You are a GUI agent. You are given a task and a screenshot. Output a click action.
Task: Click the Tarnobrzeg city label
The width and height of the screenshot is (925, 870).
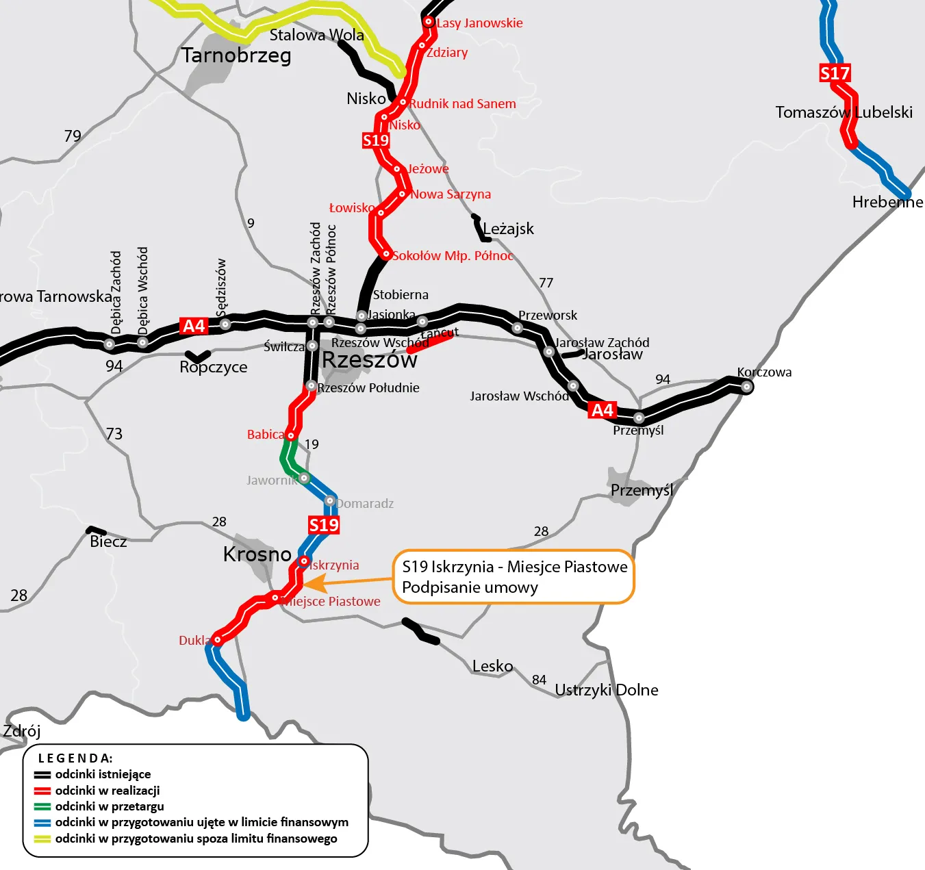[x=236, y=55]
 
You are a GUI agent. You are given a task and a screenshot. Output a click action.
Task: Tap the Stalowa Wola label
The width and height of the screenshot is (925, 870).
[x=316, y=35]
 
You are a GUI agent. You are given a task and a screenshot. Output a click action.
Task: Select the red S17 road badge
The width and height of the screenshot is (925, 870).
[x=835, y=73]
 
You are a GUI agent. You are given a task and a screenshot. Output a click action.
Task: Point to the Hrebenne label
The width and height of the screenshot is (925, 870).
[x=887, y=202]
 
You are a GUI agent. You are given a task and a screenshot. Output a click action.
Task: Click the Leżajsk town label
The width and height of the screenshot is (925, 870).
[x=508, y=229]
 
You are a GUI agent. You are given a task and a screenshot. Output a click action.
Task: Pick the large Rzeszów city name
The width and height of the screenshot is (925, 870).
[x=369, y=360]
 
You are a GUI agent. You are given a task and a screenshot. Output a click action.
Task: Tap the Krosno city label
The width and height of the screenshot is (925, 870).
[x=257, y=554]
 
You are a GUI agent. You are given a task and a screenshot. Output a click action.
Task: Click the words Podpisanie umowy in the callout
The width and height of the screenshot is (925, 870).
[x=470, y=587]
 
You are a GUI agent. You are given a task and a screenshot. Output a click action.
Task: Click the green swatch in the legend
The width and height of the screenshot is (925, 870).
[x=42, y=806]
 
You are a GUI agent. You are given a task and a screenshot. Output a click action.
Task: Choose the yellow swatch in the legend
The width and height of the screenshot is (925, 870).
[x=42, y=839]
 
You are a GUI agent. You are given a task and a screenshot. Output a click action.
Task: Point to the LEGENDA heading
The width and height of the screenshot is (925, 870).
[x=75, y=758]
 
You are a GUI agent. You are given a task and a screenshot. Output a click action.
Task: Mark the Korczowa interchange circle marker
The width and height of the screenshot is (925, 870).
[x=747, y=387]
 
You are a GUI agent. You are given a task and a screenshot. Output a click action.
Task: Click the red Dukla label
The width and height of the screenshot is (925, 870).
[x=194, y=640]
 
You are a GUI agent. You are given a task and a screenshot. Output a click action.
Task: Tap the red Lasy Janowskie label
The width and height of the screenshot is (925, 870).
[x=479, y=23]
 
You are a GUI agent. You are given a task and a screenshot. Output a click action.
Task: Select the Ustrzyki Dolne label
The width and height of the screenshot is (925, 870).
[x=606, y=690]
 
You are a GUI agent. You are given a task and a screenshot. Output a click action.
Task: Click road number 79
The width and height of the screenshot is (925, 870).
[x=73, y=136]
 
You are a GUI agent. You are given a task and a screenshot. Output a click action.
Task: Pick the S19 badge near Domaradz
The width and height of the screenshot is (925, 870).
[x=324, y=525]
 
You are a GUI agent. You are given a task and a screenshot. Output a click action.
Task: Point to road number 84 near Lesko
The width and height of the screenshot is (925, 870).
[x=540, y=680]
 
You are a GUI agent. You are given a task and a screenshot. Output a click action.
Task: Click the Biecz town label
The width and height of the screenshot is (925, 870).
[x=108, y=541]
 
